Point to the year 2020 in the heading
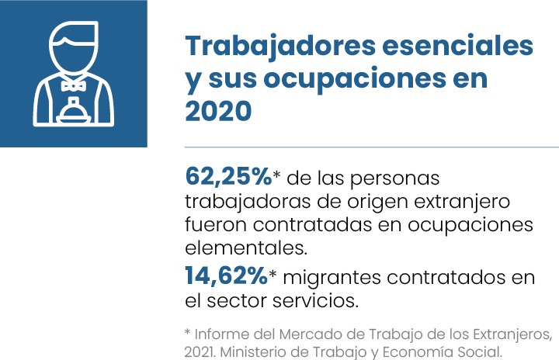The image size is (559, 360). click(x=218, y=111)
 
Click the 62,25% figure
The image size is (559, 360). click(x=227, y=176)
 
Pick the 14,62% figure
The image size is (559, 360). click(x=226, y=275)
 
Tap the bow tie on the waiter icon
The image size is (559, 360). click(x=73, y=84)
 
